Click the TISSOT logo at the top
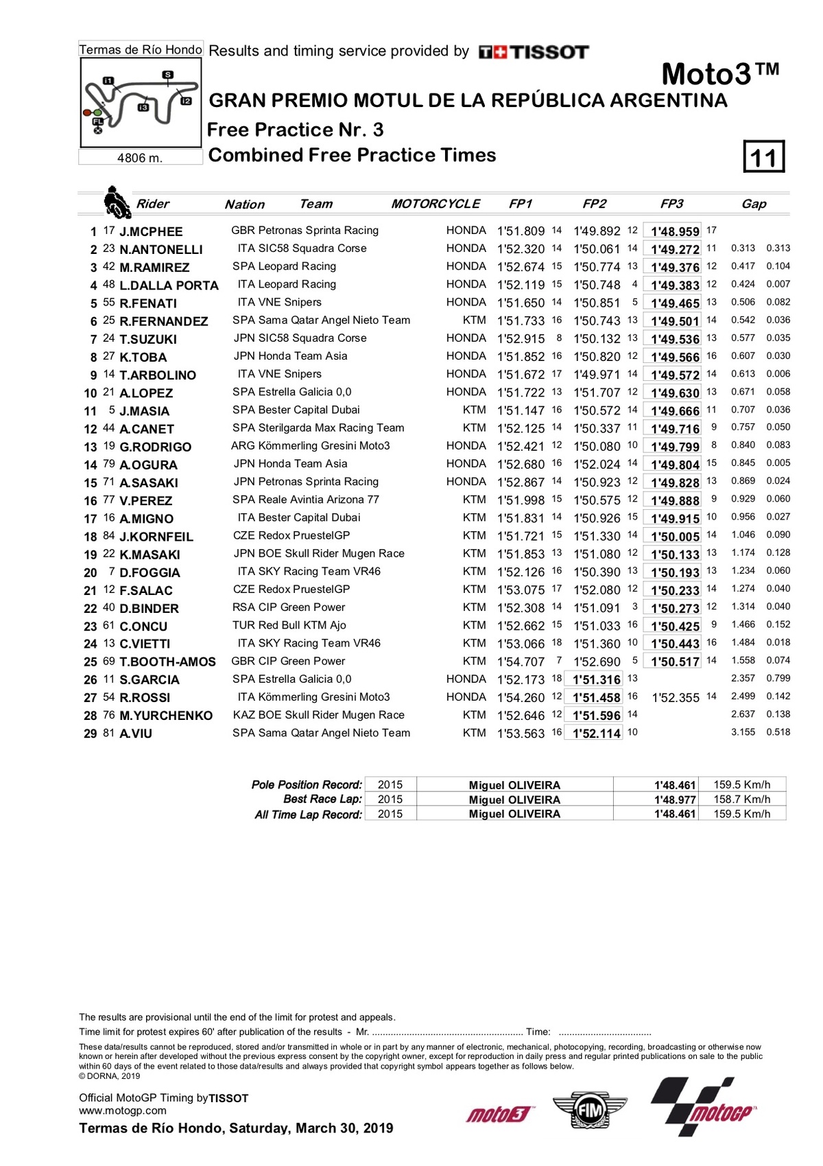pyautogui.click(x=534, y=52)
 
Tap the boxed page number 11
pyautogui.click(x=763, y=157)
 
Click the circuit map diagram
pyautogui.click(x=141, y=102)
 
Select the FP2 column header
pyautogui.click(x=594, y=204)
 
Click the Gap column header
pyautogui.click(x=753, y=204)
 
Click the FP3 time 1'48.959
pyautogui.click(x=675, y=232)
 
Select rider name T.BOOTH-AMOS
pyautogui.click(x=167, y=662)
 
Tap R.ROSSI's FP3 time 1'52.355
pyautogui.click(x=676, y=698)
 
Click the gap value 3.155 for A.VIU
pyautogui.click(x=743, y=733)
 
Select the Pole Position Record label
pyautogui.click(x=307, y=784)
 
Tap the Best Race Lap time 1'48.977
pyautogui.click(x=675, y=800)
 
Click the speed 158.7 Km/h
pyautogui.click(x=741, y=800)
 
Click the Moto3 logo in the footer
pyautogui.click(x=499, y=1114)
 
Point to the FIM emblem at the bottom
pyautogui.click(x=589, y=1109)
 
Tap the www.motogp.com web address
pyautogui.click(x=123, y=1110)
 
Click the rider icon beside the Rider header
pyautogui.click(x=117, y=202)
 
